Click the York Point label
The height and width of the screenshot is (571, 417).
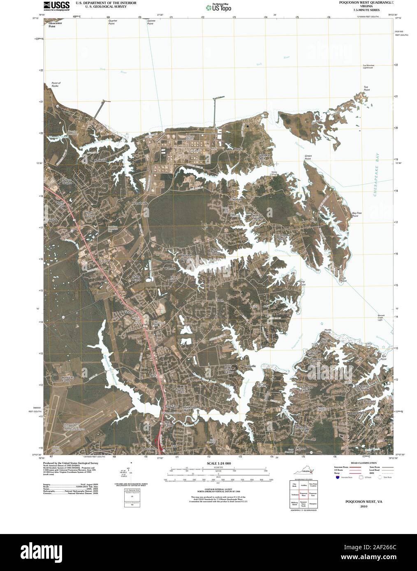pos(343,280)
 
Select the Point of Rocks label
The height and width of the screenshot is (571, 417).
pos(55,84)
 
